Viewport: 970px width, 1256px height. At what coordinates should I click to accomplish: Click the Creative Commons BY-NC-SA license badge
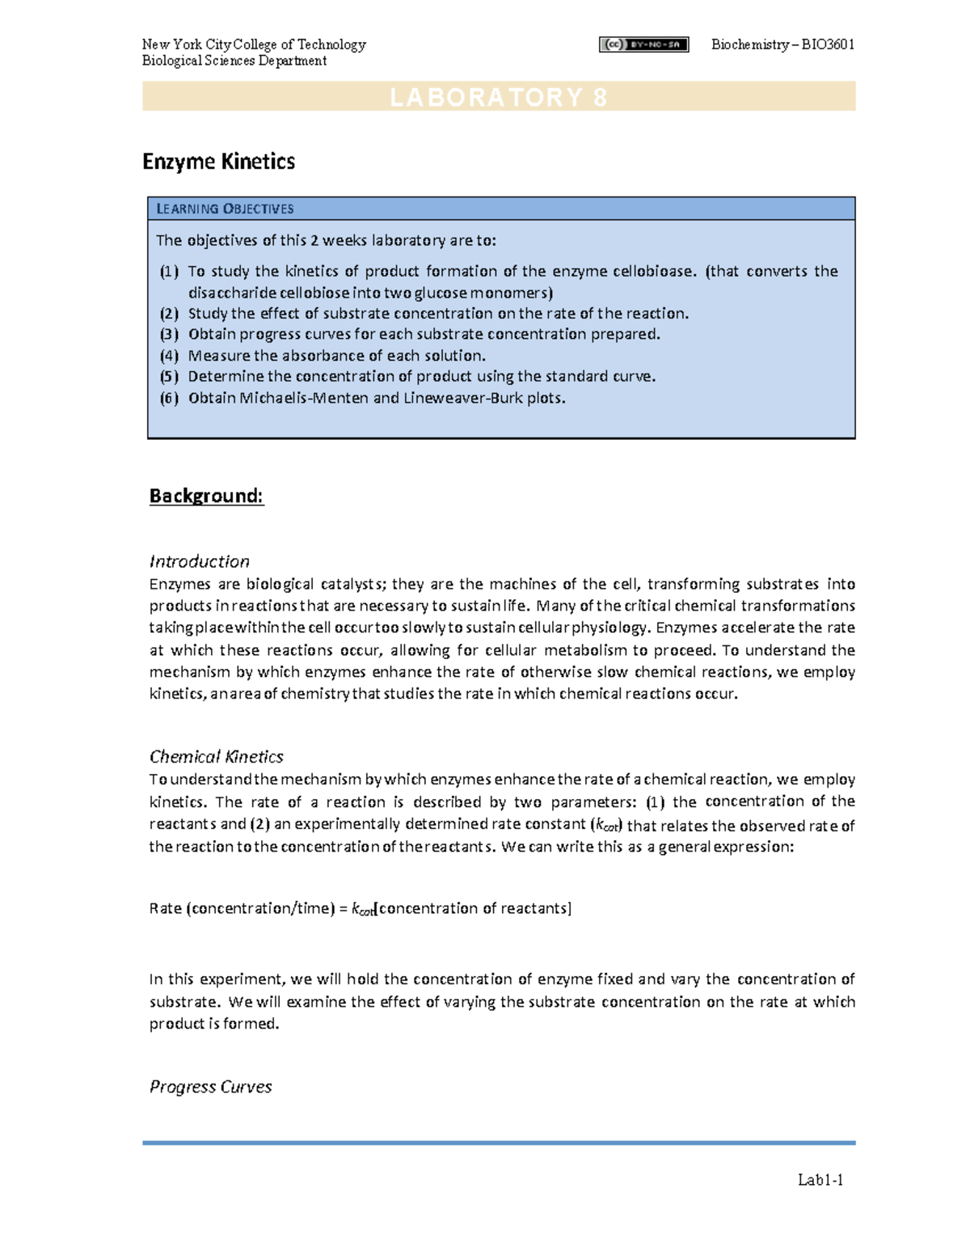pos(643,45)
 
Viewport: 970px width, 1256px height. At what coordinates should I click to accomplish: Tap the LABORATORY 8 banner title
pos(499,97)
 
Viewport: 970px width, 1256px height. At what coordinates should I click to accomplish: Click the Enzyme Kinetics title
pos(218,162)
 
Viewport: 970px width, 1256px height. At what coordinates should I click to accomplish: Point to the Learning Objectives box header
pos(225,209)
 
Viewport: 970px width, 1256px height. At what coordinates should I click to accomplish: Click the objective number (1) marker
pos(169,272)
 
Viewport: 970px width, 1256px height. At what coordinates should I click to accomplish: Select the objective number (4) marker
pos(169,356)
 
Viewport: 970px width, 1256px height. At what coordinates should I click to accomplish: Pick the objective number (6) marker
pos(169,398)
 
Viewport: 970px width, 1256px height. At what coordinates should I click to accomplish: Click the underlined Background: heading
pos(206,496)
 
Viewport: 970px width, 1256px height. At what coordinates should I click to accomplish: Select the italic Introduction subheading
pos(199,561)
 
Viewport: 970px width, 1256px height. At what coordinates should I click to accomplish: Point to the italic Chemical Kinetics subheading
pos(216,757)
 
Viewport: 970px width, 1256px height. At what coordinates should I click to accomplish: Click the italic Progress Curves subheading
pos(210,1087)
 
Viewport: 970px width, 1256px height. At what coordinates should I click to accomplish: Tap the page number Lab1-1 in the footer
pos(820,1180)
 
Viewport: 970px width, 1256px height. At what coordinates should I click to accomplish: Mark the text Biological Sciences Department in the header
pos(234,61)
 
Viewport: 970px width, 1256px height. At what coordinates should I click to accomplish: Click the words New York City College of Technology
pos(254,44)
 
